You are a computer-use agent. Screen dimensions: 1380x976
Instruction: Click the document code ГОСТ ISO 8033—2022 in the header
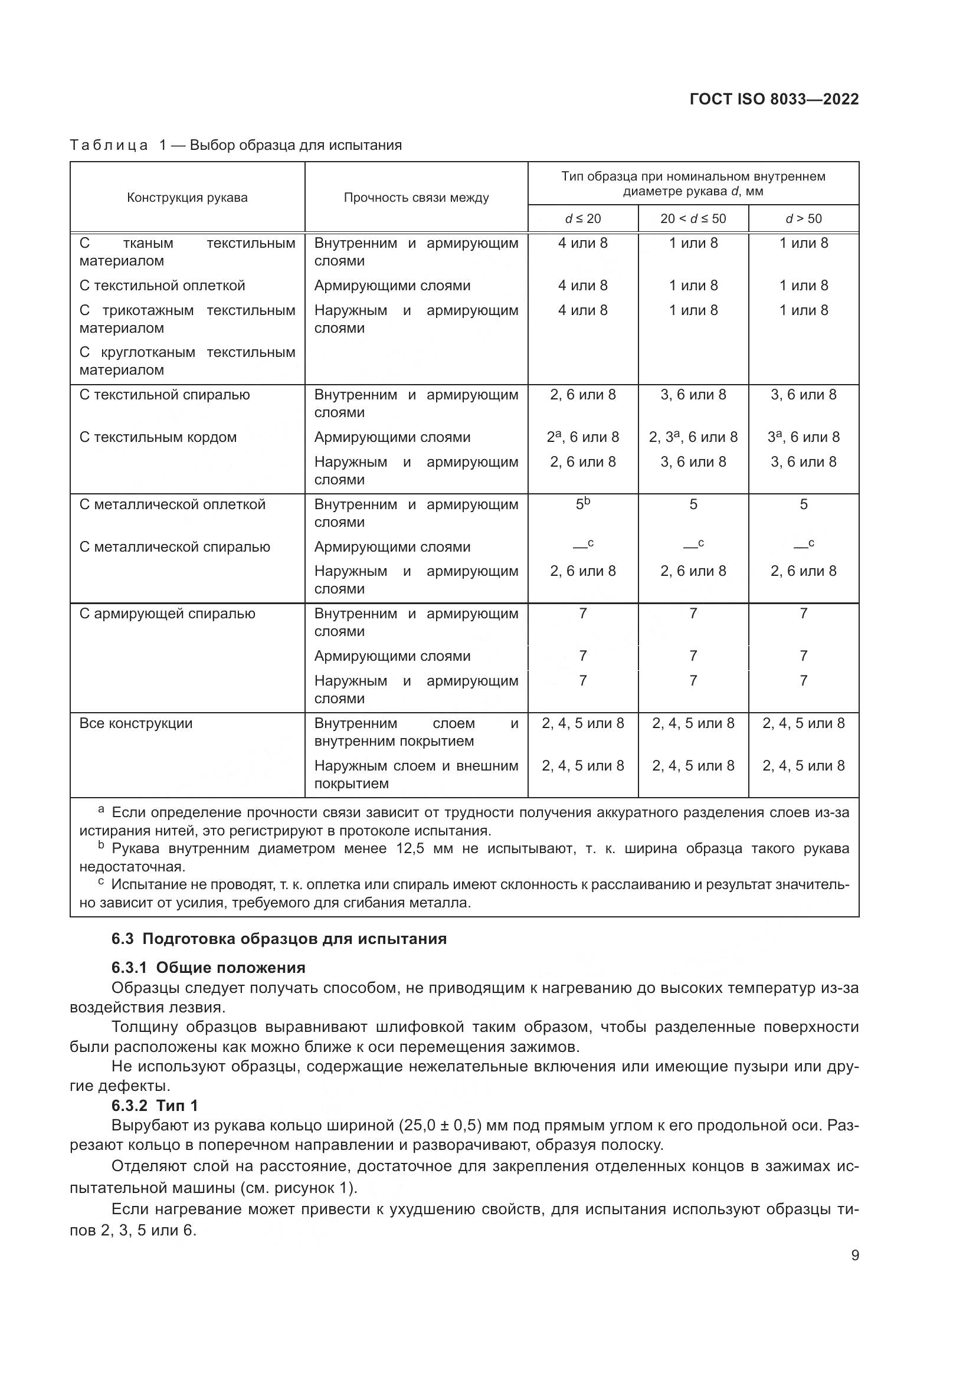pyautogui.click(x=774, y=99)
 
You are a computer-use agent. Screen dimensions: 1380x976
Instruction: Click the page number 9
pyautogui.click(x=854, y=1256)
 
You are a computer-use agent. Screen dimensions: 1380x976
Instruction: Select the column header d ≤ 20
pyautogui.click(x=582, y=219)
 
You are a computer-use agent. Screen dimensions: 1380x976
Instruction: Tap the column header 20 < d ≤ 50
pyautogui.click(x=693, y=219)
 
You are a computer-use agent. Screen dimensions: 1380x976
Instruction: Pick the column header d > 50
pyautogui.click(x=804, y=219)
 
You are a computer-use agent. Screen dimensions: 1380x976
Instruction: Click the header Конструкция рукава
pyautogui.click(x=187, y=198)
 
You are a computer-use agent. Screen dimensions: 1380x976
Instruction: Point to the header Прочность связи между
pyautogui.click(x=416, y=198)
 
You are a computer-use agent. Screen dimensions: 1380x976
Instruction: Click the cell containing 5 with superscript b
pyautogui.click(x=582, y=504)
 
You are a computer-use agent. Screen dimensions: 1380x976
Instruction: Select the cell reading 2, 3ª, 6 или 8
pyautogui.click(x=693, y=438)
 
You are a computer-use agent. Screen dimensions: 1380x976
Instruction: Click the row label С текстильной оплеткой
pyautogui.click(x=162, y=286)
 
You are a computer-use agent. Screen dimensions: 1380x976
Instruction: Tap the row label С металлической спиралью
pyautogui.click(x=174, y=547)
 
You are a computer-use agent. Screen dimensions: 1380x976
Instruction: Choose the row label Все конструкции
pyautogui.click(x=136, y=723)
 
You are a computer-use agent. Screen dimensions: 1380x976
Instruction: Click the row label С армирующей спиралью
pyautogui.click(x=167, y=614)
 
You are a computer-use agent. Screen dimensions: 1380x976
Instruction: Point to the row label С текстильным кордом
pyautogui.click(x=158, y=438)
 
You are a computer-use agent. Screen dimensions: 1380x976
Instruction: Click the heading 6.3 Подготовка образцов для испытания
pyautogui.click(x=279, y=939)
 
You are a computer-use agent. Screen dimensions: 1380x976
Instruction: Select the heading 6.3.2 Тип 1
pyautogui.click(x=155, y=1105)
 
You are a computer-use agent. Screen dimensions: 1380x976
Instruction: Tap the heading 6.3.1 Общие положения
pyautogui.click(x=208, y=968)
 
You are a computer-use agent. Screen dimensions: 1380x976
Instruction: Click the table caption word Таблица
pyautogui.click(x=109, y=146)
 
